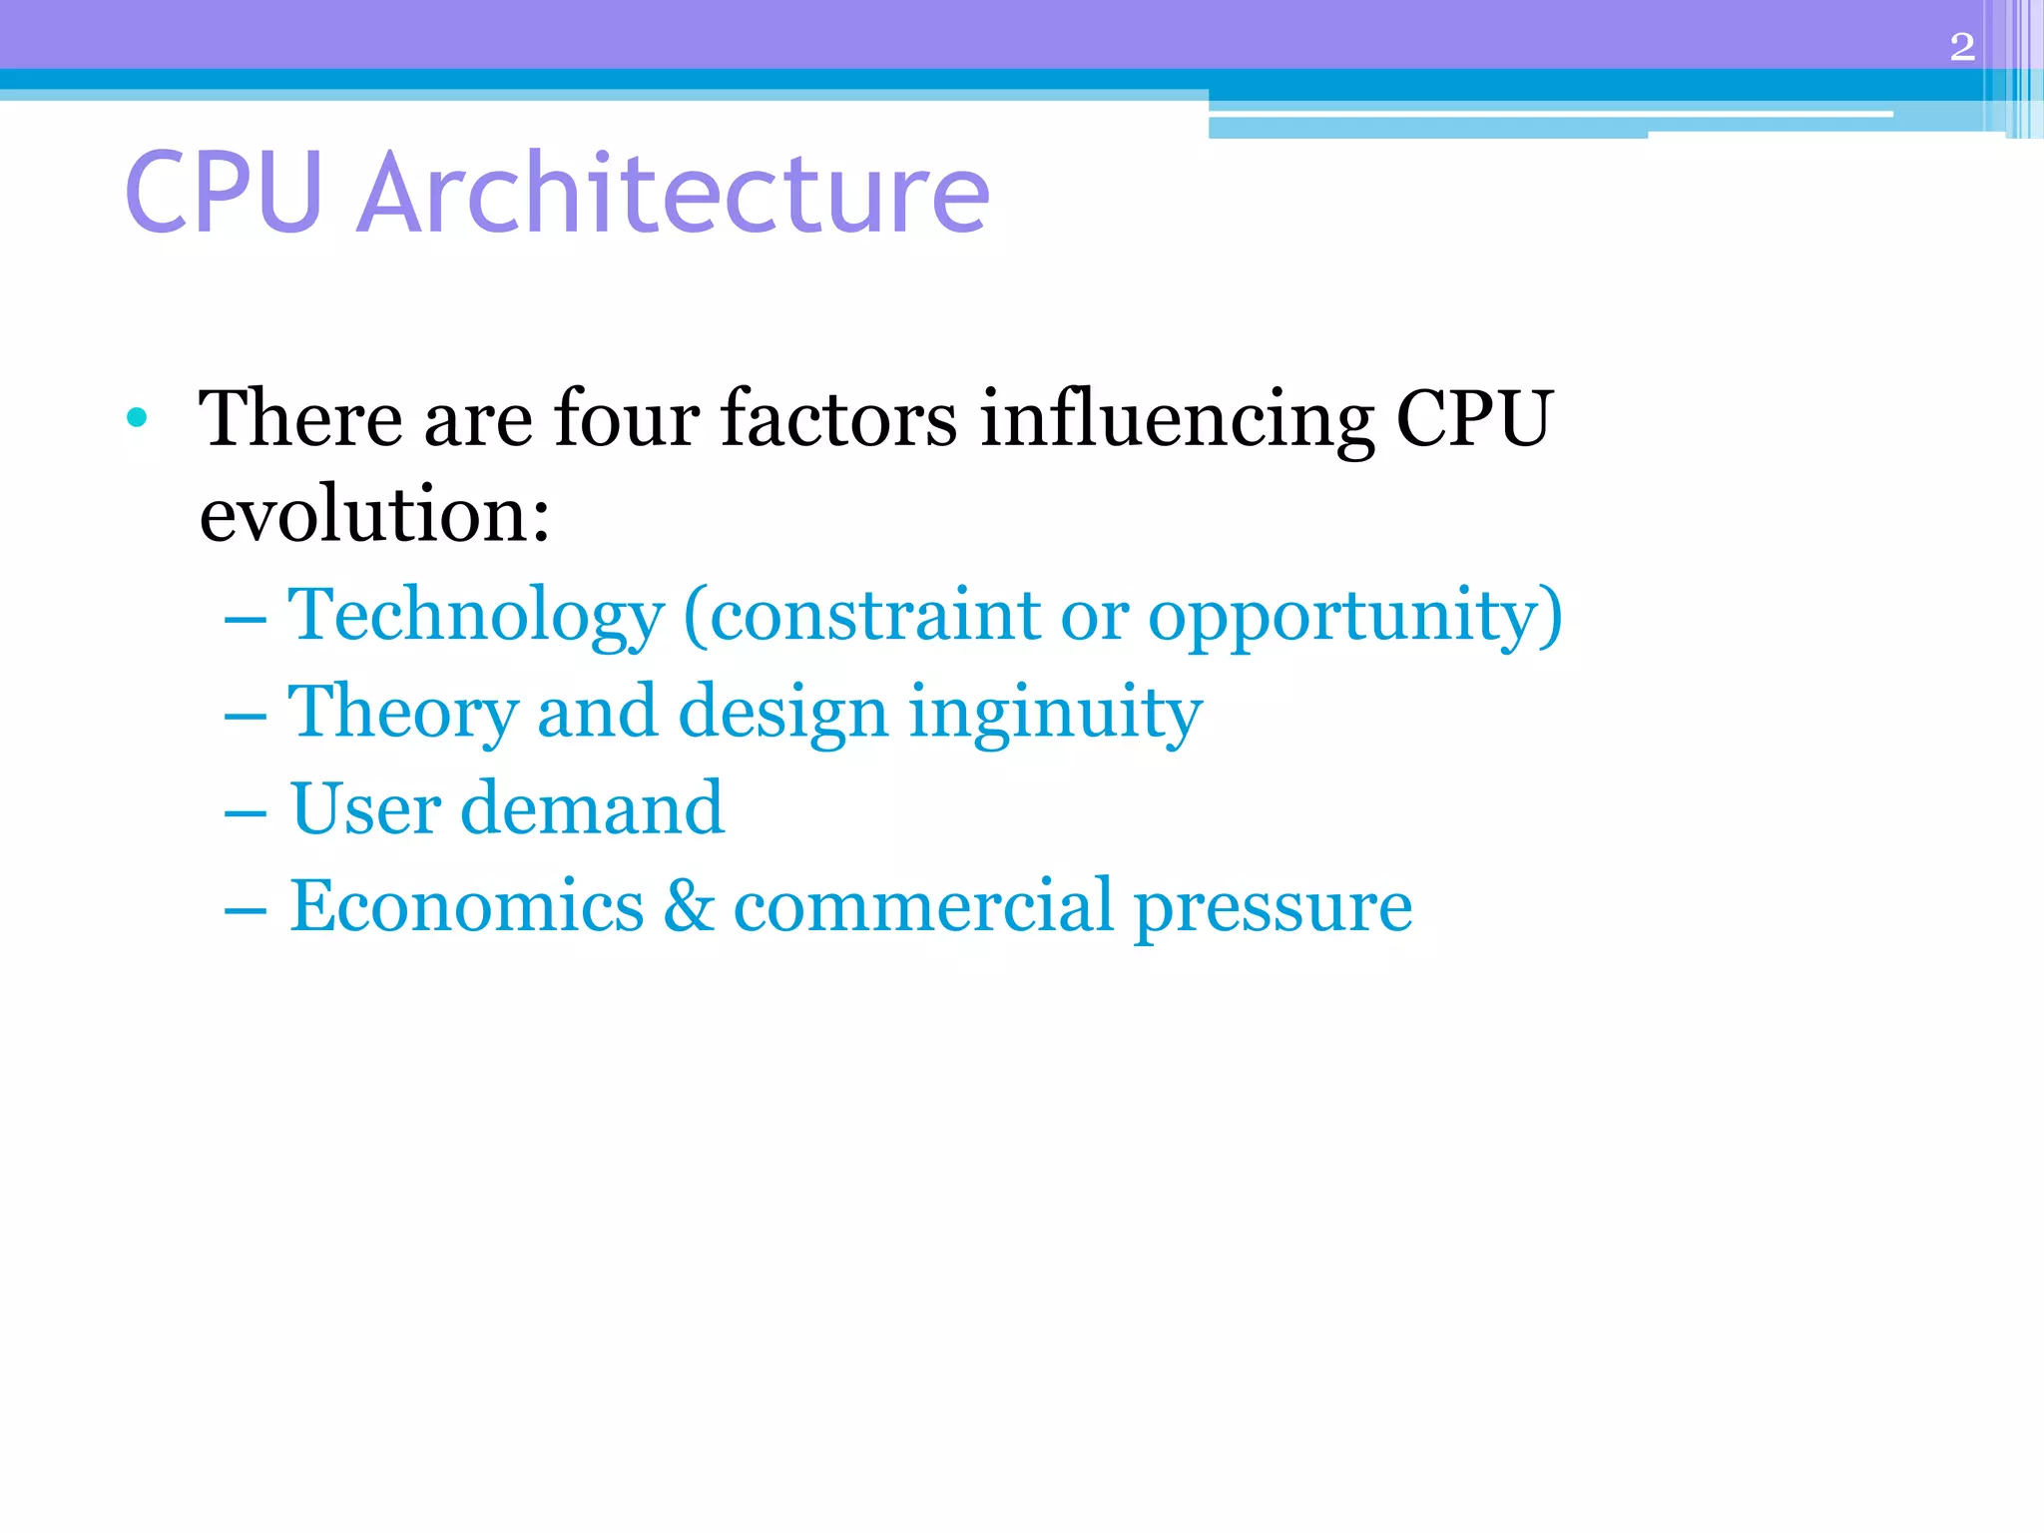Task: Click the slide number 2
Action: (1961, 47)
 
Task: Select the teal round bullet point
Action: (138, 417)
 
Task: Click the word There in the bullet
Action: (300, 419)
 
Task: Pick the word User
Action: (365, 808)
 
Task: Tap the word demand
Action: (592, 808)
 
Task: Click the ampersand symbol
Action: (689, 906)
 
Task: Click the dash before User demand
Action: (246, 813)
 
